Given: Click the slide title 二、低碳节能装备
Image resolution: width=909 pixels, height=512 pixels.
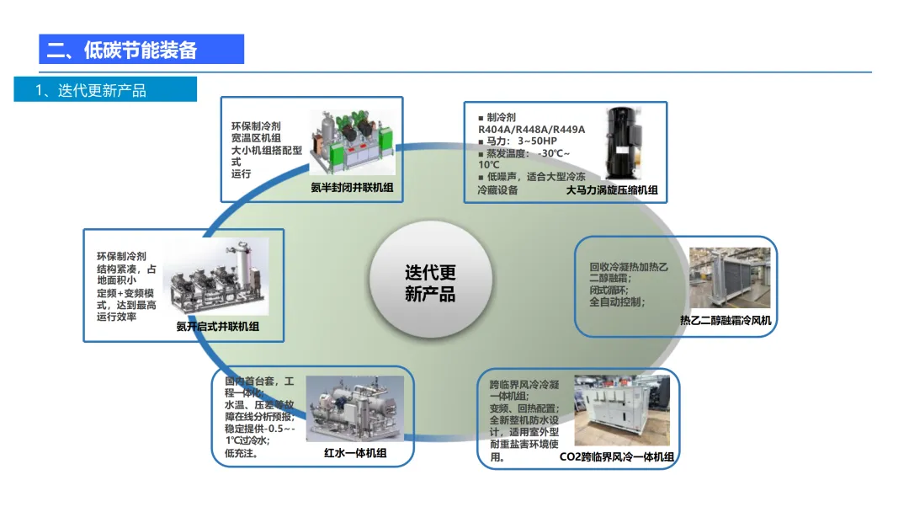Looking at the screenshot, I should coord(122,50).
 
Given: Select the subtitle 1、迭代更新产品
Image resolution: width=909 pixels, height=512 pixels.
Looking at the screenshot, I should coord(91,90).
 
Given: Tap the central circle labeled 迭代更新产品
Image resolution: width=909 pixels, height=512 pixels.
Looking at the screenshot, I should coord(430,283).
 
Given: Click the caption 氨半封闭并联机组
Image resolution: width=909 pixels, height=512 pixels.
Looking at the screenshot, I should coord(352,189).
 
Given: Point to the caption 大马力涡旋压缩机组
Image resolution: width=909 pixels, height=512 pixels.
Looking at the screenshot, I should coord(611,190).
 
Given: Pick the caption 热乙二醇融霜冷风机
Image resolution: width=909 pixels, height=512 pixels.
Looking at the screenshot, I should coord(726,320).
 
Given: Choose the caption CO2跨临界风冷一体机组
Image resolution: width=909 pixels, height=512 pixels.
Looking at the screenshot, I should coord(617,457).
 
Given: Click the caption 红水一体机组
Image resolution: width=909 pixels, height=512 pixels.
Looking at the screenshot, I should coord(355,453).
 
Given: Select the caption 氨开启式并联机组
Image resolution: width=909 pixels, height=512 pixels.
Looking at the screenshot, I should coord(217,326).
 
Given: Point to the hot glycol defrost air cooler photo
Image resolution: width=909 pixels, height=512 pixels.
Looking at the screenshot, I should coord(729,279).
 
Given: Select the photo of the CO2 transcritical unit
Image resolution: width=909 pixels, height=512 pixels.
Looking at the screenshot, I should coord(622,411).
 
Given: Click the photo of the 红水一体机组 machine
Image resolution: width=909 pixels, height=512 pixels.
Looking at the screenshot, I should coord(354,408).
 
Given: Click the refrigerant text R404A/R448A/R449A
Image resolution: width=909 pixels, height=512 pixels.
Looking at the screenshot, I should coord(531,129).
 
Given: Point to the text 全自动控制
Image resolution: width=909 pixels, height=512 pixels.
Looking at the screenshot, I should coord(618,301).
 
